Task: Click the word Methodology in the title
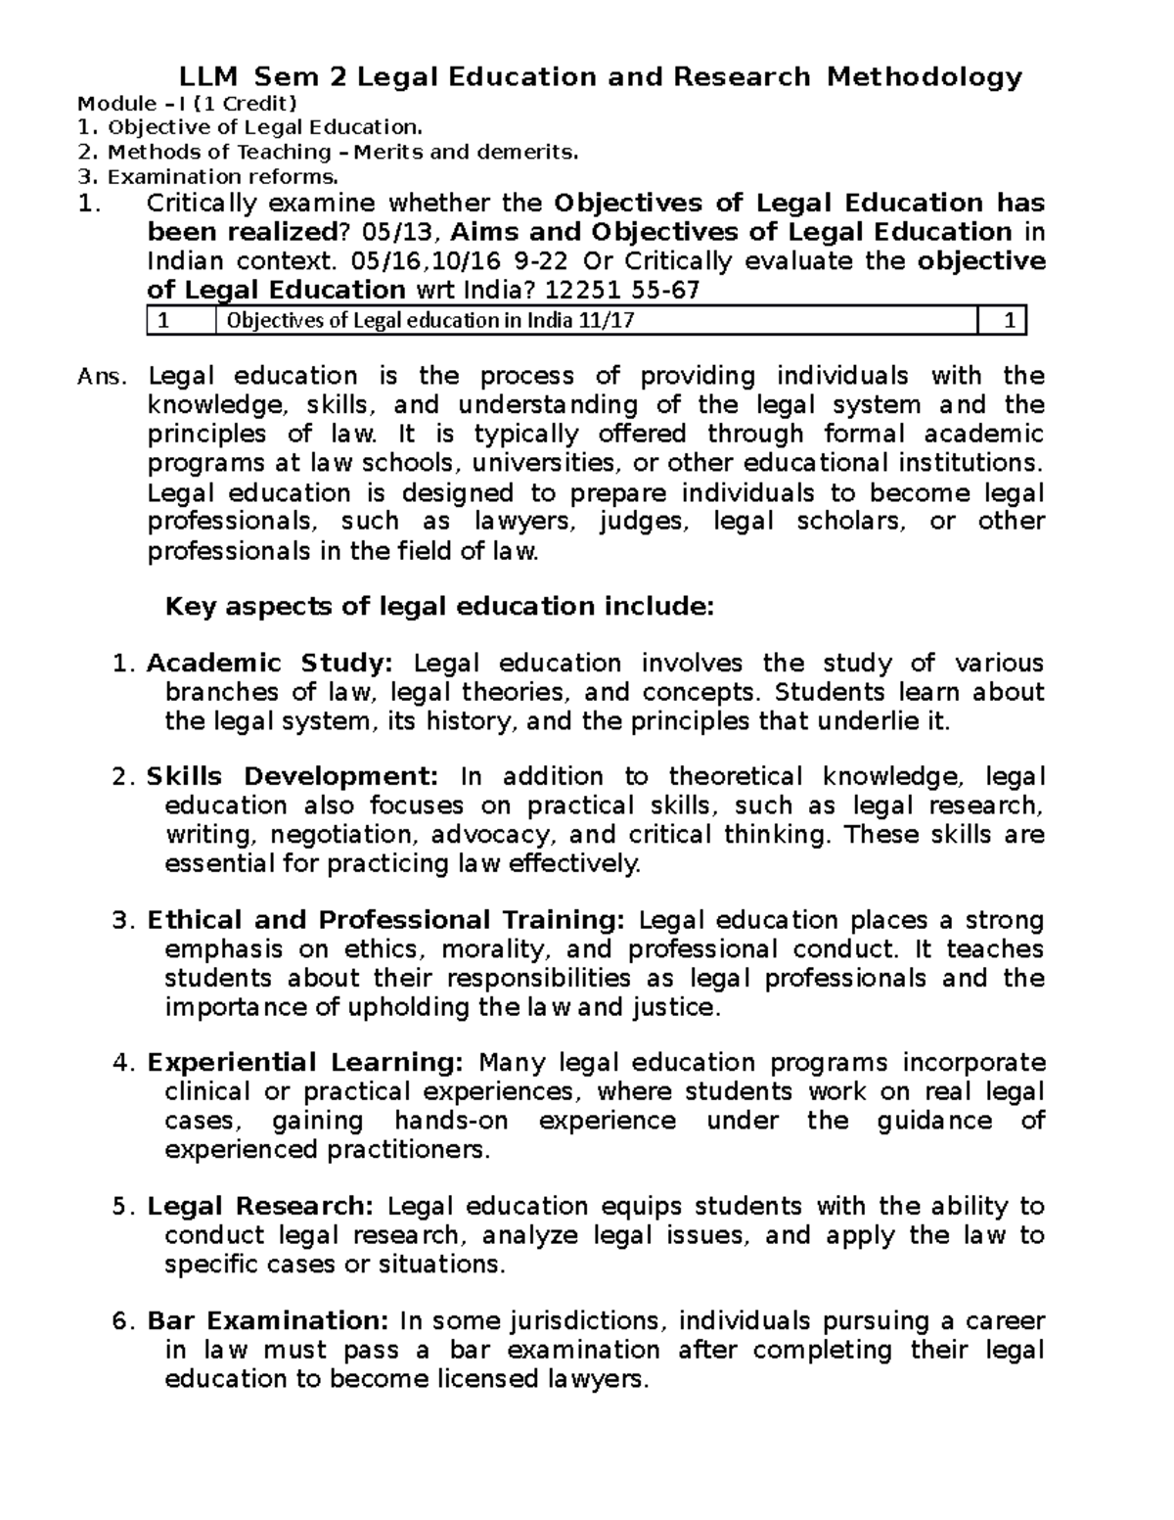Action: coord(924,76)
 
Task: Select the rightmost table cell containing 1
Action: coord(1009,320)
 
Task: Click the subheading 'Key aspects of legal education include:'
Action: coord(440,607)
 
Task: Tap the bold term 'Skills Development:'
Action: coord(293,777)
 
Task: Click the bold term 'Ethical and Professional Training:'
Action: coord(385,920)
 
